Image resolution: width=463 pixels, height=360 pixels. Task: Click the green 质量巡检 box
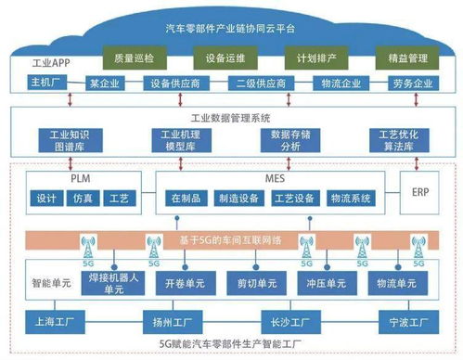tap(132, 58)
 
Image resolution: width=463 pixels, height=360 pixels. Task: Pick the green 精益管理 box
tap(405, 58)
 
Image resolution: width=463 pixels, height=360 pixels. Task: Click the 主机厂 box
tap(45, 83)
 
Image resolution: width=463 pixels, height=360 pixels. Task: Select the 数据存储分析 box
tap(285, 140)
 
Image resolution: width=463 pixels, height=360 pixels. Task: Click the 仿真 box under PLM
tap(83, 199)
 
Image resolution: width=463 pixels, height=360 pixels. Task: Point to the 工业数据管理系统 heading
tap(230, 119)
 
